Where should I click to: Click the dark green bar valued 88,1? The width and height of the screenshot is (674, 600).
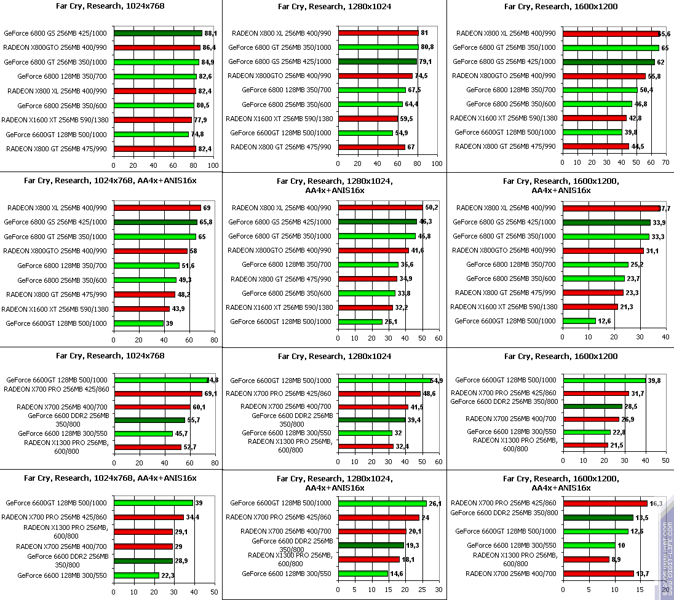point(157,33)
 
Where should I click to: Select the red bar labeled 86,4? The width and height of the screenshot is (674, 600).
point(157,47)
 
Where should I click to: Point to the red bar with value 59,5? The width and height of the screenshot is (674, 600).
point(368,119)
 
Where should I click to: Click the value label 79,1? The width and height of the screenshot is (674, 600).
point(425,61)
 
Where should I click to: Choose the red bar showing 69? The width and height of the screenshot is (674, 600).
point(157,208)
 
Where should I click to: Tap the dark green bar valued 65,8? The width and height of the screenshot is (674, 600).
point(155,222)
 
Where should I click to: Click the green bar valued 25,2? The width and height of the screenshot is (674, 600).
point(595,264)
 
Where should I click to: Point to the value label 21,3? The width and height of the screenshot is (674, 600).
point(627,307)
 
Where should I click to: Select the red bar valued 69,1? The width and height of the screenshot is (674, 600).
point(157,393)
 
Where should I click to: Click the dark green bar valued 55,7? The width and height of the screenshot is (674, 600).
point(149,420)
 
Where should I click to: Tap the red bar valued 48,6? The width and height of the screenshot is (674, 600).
point(379,393)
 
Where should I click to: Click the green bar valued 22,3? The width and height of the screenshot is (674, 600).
point(136,575)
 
